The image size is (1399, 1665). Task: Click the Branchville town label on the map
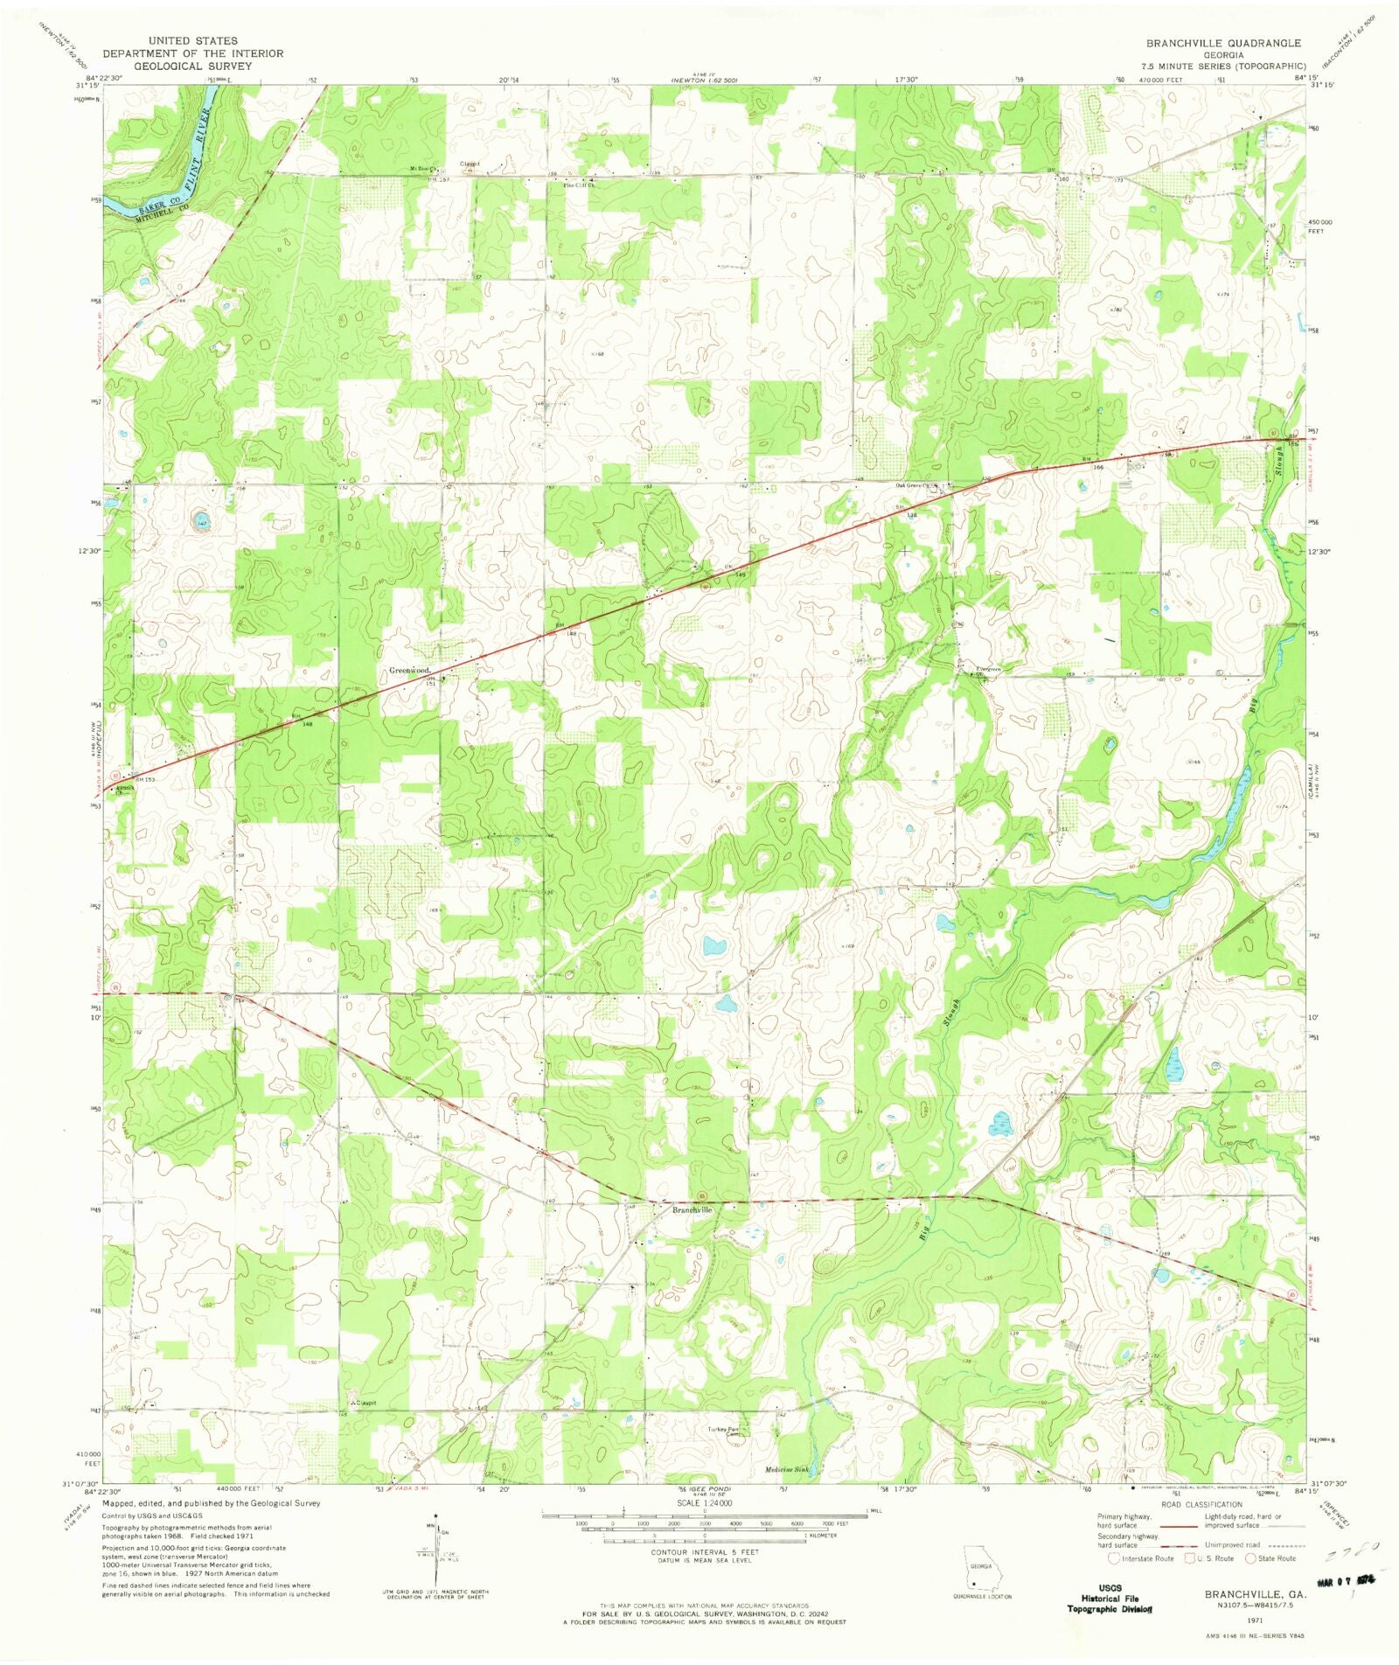click(692, 1210)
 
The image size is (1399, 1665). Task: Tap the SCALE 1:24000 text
click(704, 1502)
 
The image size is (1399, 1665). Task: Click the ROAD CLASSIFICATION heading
click(1201, 1504)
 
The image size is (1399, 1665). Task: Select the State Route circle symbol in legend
click(1252, 1557)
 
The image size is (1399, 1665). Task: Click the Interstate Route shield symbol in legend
click(1113, 1557)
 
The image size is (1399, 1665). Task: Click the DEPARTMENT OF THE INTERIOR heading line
click(193, 53)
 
